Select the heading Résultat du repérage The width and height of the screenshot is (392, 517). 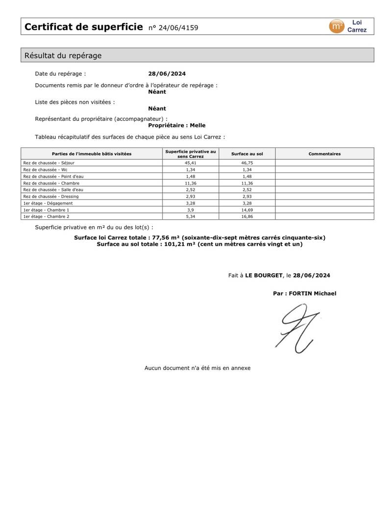click(63, 56)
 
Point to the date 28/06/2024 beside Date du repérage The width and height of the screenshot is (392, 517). click(167, 74)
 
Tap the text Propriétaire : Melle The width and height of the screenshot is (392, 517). click(177, 125)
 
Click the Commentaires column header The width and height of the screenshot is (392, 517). click(324, 154)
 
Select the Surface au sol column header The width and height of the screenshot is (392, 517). click(247, 154)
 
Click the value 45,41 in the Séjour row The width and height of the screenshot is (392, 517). click(190, 163)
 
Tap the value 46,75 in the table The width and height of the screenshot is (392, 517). click(247, 163)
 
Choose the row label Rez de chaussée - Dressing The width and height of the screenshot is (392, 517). click(50, 196)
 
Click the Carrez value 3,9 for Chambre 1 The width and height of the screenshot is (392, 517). click(190, 210)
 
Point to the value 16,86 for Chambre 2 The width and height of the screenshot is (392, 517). click(247, 216)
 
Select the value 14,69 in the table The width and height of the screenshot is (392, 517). click(247, 210)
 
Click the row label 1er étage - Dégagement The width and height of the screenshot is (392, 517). click(48, 203)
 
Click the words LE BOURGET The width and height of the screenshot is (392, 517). click(264, 276)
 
